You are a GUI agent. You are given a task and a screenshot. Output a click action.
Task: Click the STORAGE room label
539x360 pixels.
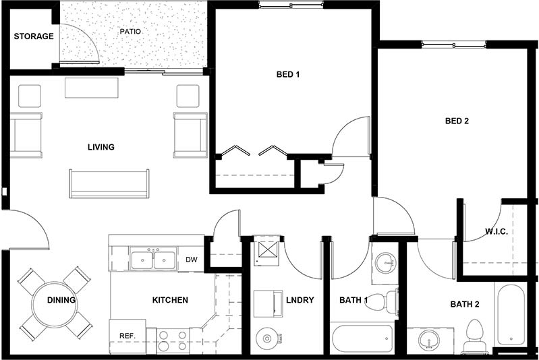33,36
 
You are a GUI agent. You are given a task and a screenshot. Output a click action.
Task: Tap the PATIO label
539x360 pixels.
130,32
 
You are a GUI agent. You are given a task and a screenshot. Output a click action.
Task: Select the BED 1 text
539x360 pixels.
288,75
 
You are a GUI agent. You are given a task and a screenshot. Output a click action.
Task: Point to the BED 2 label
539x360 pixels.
457,122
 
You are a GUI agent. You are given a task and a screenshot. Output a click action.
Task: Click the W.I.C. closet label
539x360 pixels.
496,232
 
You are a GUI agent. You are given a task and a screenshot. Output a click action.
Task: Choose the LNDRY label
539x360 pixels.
300,300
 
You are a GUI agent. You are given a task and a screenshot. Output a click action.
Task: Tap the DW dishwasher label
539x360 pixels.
191,260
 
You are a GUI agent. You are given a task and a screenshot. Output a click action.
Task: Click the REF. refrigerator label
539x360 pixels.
127,335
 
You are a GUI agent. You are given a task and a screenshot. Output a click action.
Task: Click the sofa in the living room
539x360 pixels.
109,183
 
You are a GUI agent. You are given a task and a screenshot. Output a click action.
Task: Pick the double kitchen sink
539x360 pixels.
154,259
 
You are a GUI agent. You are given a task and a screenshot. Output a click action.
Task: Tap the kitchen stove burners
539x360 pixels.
173,340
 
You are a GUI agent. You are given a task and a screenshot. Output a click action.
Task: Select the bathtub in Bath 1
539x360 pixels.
362,338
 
